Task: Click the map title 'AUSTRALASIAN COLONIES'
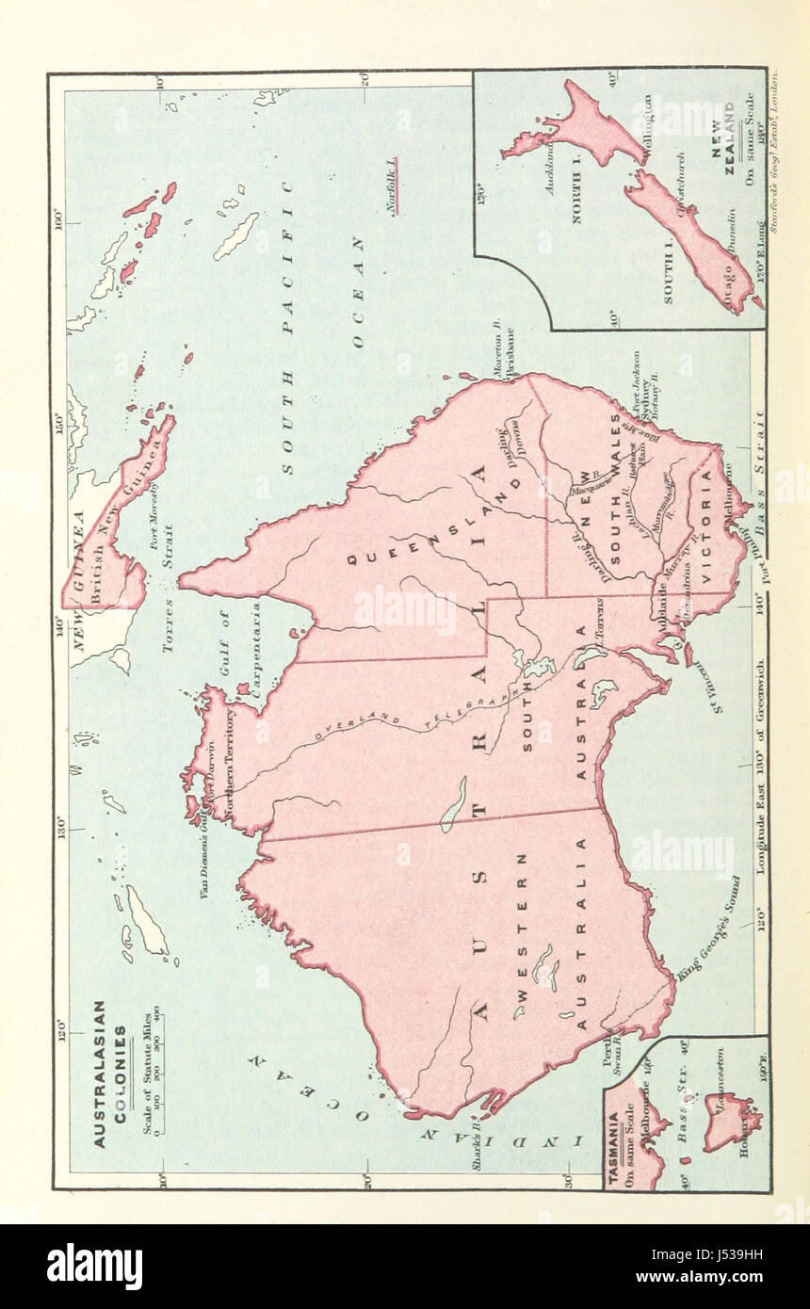[x=111, y=1073]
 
